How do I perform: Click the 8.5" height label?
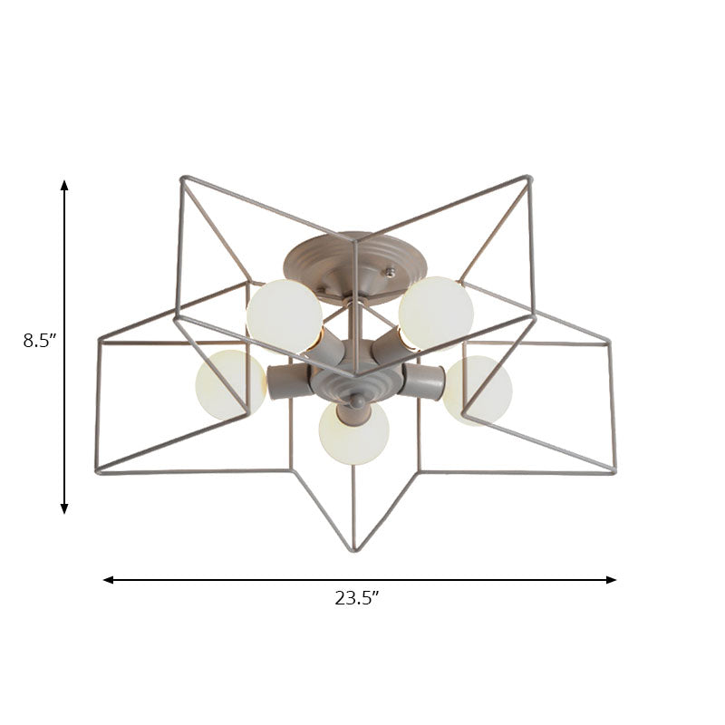40,342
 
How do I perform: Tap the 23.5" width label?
356,598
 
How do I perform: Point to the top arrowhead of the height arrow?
64,184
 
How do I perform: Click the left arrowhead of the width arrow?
108,579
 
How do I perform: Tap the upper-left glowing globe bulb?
284,314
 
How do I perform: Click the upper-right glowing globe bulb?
437,313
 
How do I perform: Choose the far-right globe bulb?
478,390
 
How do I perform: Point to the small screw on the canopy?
391,271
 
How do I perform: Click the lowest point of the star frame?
354,550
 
